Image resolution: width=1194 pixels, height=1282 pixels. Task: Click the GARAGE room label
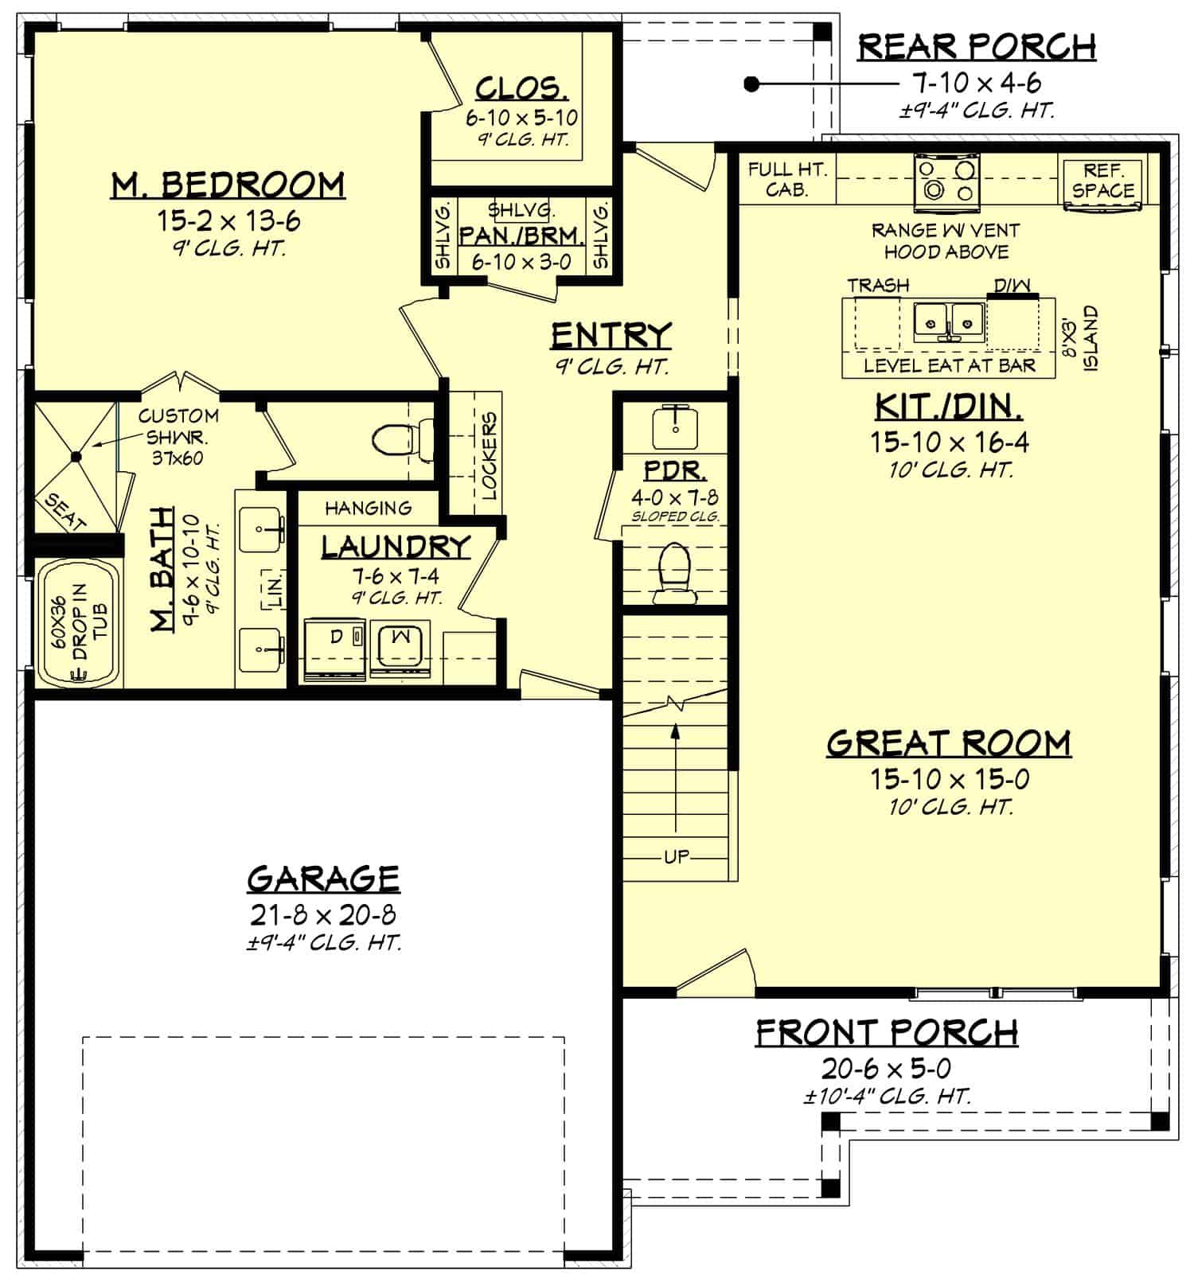click(323, 879)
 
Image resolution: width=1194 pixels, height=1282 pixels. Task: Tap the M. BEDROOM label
click(228, 185)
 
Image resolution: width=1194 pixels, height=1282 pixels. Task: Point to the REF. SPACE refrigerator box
click(1103, 181)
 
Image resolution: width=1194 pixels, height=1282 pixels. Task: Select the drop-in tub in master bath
click(79, 623)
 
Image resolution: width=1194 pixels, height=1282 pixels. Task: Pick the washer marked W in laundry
click(402, 648)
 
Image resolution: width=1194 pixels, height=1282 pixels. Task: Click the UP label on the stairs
click(677, 857)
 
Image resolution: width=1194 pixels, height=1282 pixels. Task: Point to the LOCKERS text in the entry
click(489, 455)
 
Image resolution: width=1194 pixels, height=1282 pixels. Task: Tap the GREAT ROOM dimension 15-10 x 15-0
click(949, 779)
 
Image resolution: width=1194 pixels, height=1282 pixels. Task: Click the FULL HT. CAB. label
click(786, 179)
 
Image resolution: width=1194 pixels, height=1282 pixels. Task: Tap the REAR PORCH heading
click(976, 47)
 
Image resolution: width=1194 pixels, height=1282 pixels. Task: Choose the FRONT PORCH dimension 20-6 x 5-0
click(886, 1068)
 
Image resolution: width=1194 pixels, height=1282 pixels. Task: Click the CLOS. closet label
click(521, 88)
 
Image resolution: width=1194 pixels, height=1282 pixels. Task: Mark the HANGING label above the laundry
click(368, 508)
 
